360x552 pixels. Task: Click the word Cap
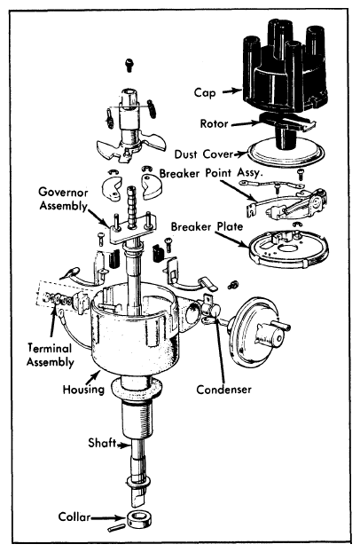(205, 93)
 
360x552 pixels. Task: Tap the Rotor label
(214, 124)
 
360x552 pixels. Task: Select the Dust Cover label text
(204, 154)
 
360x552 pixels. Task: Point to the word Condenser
(223, 390)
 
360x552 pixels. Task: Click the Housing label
(83, 390)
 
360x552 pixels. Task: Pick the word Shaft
(102, 443)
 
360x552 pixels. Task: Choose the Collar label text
(74, 517)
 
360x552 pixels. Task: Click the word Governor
(63, 193)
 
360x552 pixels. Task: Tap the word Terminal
(50, 348)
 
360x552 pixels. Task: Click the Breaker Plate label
(207, 226)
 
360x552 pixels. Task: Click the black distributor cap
(285, 67)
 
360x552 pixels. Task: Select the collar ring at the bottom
(139, 520)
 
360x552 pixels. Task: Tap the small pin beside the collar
(115, 528)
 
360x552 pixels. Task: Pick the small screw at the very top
(129, 65)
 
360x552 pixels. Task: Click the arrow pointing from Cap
(232, 91)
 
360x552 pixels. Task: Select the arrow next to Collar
(108, 518)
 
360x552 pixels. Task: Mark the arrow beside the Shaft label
(122, 445)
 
